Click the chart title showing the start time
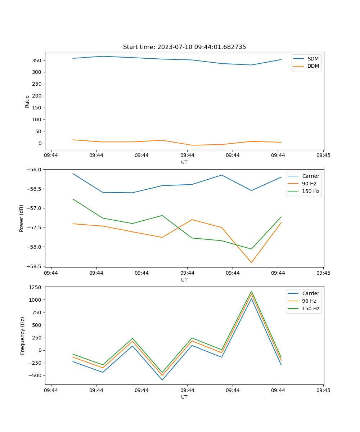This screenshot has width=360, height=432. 184,47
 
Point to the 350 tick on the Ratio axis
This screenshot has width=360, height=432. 37,60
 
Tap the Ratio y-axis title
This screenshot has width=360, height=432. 27,101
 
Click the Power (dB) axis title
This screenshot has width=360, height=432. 22,218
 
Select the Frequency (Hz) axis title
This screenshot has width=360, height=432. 23,336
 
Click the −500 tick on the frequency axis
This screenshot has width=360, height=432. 36,375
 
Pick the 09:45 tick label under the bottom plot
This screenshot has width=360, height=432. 323,390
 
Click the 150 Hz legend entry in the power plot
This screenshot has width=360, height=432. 311,191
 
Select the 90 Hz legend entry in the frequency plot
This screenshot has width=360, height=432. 309,301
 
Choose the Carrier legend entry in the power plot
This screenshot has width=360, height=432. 310,176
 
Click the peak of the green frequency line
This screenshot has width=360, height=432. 251,291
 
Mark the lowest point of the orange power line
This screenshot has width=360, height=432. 251,262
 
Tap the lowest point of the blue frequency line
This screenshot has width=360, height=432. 162,380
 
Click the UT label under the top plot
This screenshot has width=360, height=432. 184,162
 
